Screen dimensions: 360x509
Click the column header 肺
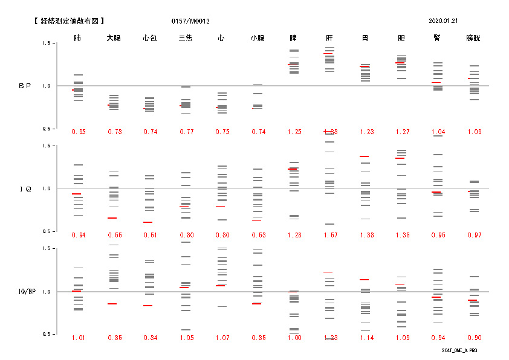pos(77,38)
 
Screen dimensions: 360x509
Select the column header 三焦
pos(186,38)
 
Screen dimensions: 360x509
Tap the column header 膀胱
pos(473,38)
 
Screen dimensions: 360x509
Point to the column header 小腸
pos(258,38)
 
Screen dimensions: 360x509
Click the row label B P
pos(24,86)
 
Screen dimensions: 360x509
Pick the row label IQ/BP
pos(25,292)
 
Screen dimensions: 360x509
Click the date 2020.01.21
pos(443,21)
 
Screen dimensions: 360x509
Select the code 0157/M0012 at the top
pos(191,21)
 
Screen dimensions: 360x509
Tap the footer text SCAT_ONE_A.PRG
pos(459,350)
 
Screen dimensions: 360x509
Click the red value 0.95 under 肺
pos(78,132)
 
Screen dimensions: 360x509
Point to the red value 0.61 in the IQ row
pos(150,234)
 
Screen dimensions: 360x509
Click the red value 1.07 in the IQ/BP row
pos(222,338)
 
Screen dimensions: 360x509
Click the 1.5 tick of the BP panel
pos(45,43)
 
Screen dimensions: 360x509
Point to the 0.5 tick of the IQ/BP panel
pos(45,334)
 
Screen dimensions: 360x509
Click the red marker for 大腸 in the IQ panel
pos(112,218)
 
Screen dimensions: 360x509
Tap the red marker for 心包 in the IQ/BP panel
pos(148,306)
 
